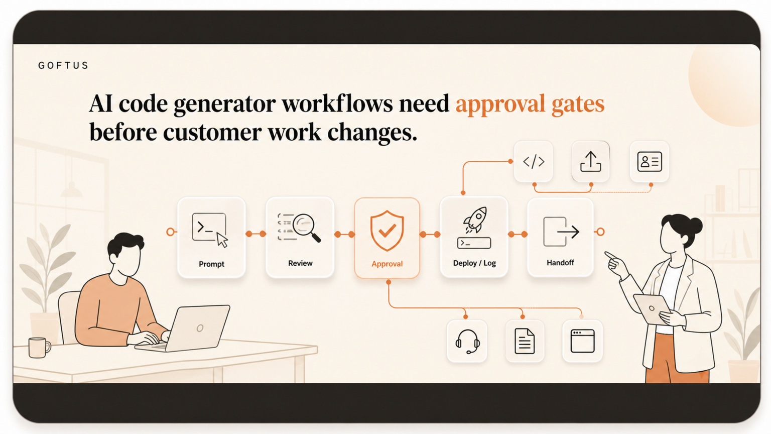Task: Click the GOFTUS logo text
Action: pos(63,65)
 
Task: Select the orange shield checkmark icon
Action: pos(387,231)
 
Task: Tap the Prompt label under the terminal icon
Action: pos(211,264)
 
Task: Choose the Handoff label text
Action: pos(560,263)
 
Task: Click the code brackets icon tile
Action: pos(534,161)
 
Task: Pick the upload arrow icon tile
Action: pos(591,161)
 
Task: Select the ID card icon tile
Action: pos(650,161)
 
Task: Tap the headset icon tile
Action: pos(467,341)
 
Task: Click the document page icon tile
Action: pos(525,341)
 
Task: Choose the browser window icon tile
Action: pos(582,341)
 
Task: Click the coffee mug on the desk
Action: pos(39,347)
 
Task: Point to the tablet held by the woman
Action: pos(651,309)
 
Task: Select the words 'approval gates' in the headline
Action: pos(530,104)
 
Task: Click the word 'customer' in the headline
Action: pos(212,133)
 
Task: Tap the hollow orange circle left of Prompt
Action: pos(170,232)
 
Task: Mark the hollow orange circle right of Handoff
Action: pos(600,232)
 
